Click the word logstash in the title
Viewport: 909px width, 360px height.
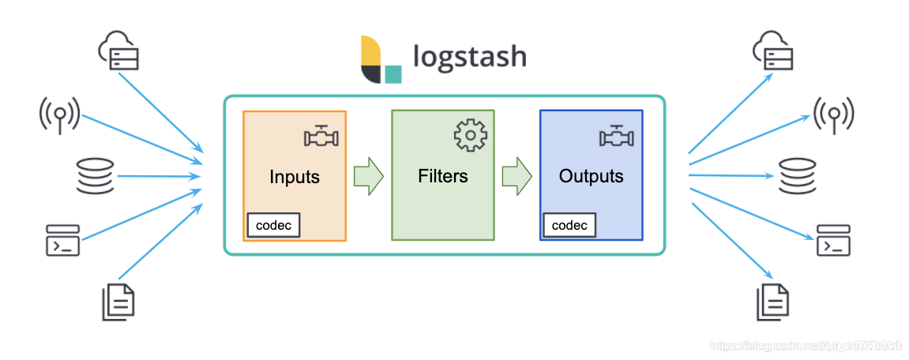coord(469,57)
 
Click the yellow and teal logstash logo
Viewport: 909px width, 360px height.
coord(381,59)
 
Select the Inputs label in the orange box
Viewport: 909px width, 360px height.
coord(295,176)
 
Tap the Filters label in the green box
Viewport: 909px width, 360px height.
coord(443,175)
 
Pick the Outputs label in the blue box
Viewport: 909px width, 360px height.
coord(591,175)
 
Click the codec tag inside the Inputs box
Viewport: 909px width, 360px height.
coord(274,225)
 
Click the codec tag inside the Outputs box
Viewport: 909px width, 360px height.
coord(569,225)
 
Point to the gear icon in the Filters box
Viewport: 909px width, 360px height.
coord(470,135)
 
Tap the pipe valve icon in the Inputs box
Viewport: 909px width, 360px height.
coord(321,137)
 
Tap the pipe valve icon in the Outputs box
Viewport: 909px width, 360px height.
coord(618,137)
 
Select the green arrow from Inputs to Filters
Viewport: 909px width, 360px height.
coord(368,175)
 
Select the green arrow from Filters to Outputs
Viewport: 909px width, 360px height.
coord(516,175)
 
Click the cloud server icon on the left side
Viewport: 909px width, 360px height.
coord(119,51)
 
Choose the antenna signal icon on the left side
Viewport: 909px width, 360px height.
coord(59,114)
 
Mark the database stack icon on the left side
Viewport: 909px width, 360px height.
coord(96,176)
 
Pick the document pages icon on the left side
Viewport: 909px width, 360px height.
coord(118,301)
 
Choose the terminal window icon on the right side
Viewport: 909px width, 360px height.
coord(833,240)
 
